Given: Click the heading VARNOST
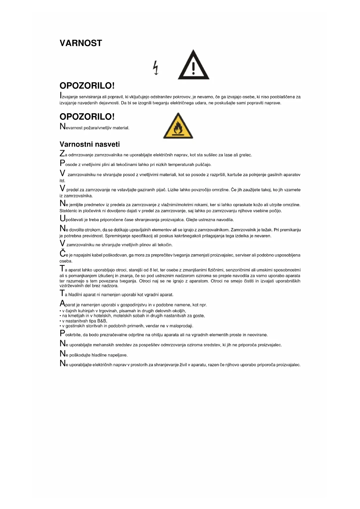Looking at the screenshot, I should [81, 43].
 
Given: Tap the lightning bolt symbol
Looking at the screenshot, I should [156, 68].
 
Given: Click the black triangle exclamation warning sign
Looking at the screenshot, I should [193, 65].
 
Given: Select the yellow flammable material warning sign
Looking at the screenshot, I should [178, 127].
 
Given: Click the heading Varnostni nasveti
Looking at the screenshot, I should [90, 144].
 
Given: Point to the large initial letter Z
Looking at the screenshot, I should [62, 154].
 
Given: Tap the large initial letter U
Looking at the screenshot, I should [62, 218].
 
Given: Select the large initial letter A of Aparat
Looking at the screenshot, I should [62, 304].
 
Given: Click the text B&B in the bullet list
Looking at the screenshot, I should [102, 321].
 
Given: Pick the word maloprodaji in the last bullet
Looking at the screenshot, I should [182, 326].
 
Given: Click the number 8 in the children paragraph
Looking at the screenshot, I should [151, 270].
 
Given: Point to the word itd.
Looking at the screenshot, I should [62, 181].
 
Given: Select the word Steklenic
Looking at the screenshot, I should [68, 211].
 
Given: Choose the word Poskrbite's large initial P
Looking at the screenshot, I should [62, 333].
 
